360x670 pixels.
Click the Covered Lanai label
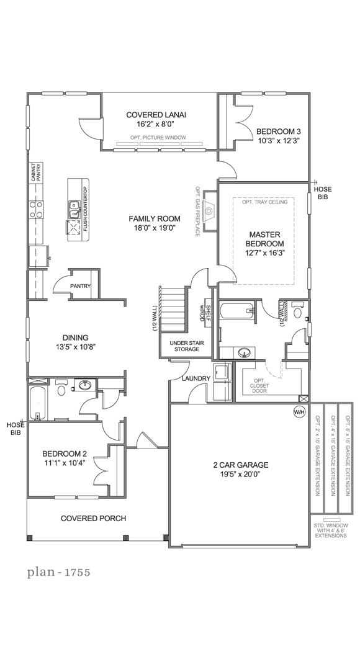click(156, 115)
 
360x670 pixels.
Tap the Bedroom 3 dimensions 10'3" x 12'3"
click(279, 140)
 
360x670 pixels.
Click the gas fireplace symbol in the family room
click(209, 212)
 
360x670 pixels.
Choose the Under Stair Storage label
click(181, 346)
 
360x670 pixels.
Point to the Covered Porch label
click(93, 518)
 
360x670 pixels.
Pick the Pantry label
click(81, 287)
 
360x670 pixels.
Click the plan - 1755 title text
click(58, 572)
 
